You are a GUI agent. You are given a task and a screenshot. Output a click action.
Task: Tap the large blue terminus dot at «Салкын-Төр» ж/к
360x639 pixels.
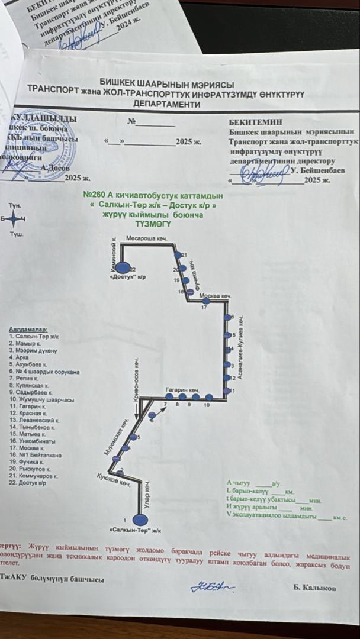[x=140, y=519]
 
